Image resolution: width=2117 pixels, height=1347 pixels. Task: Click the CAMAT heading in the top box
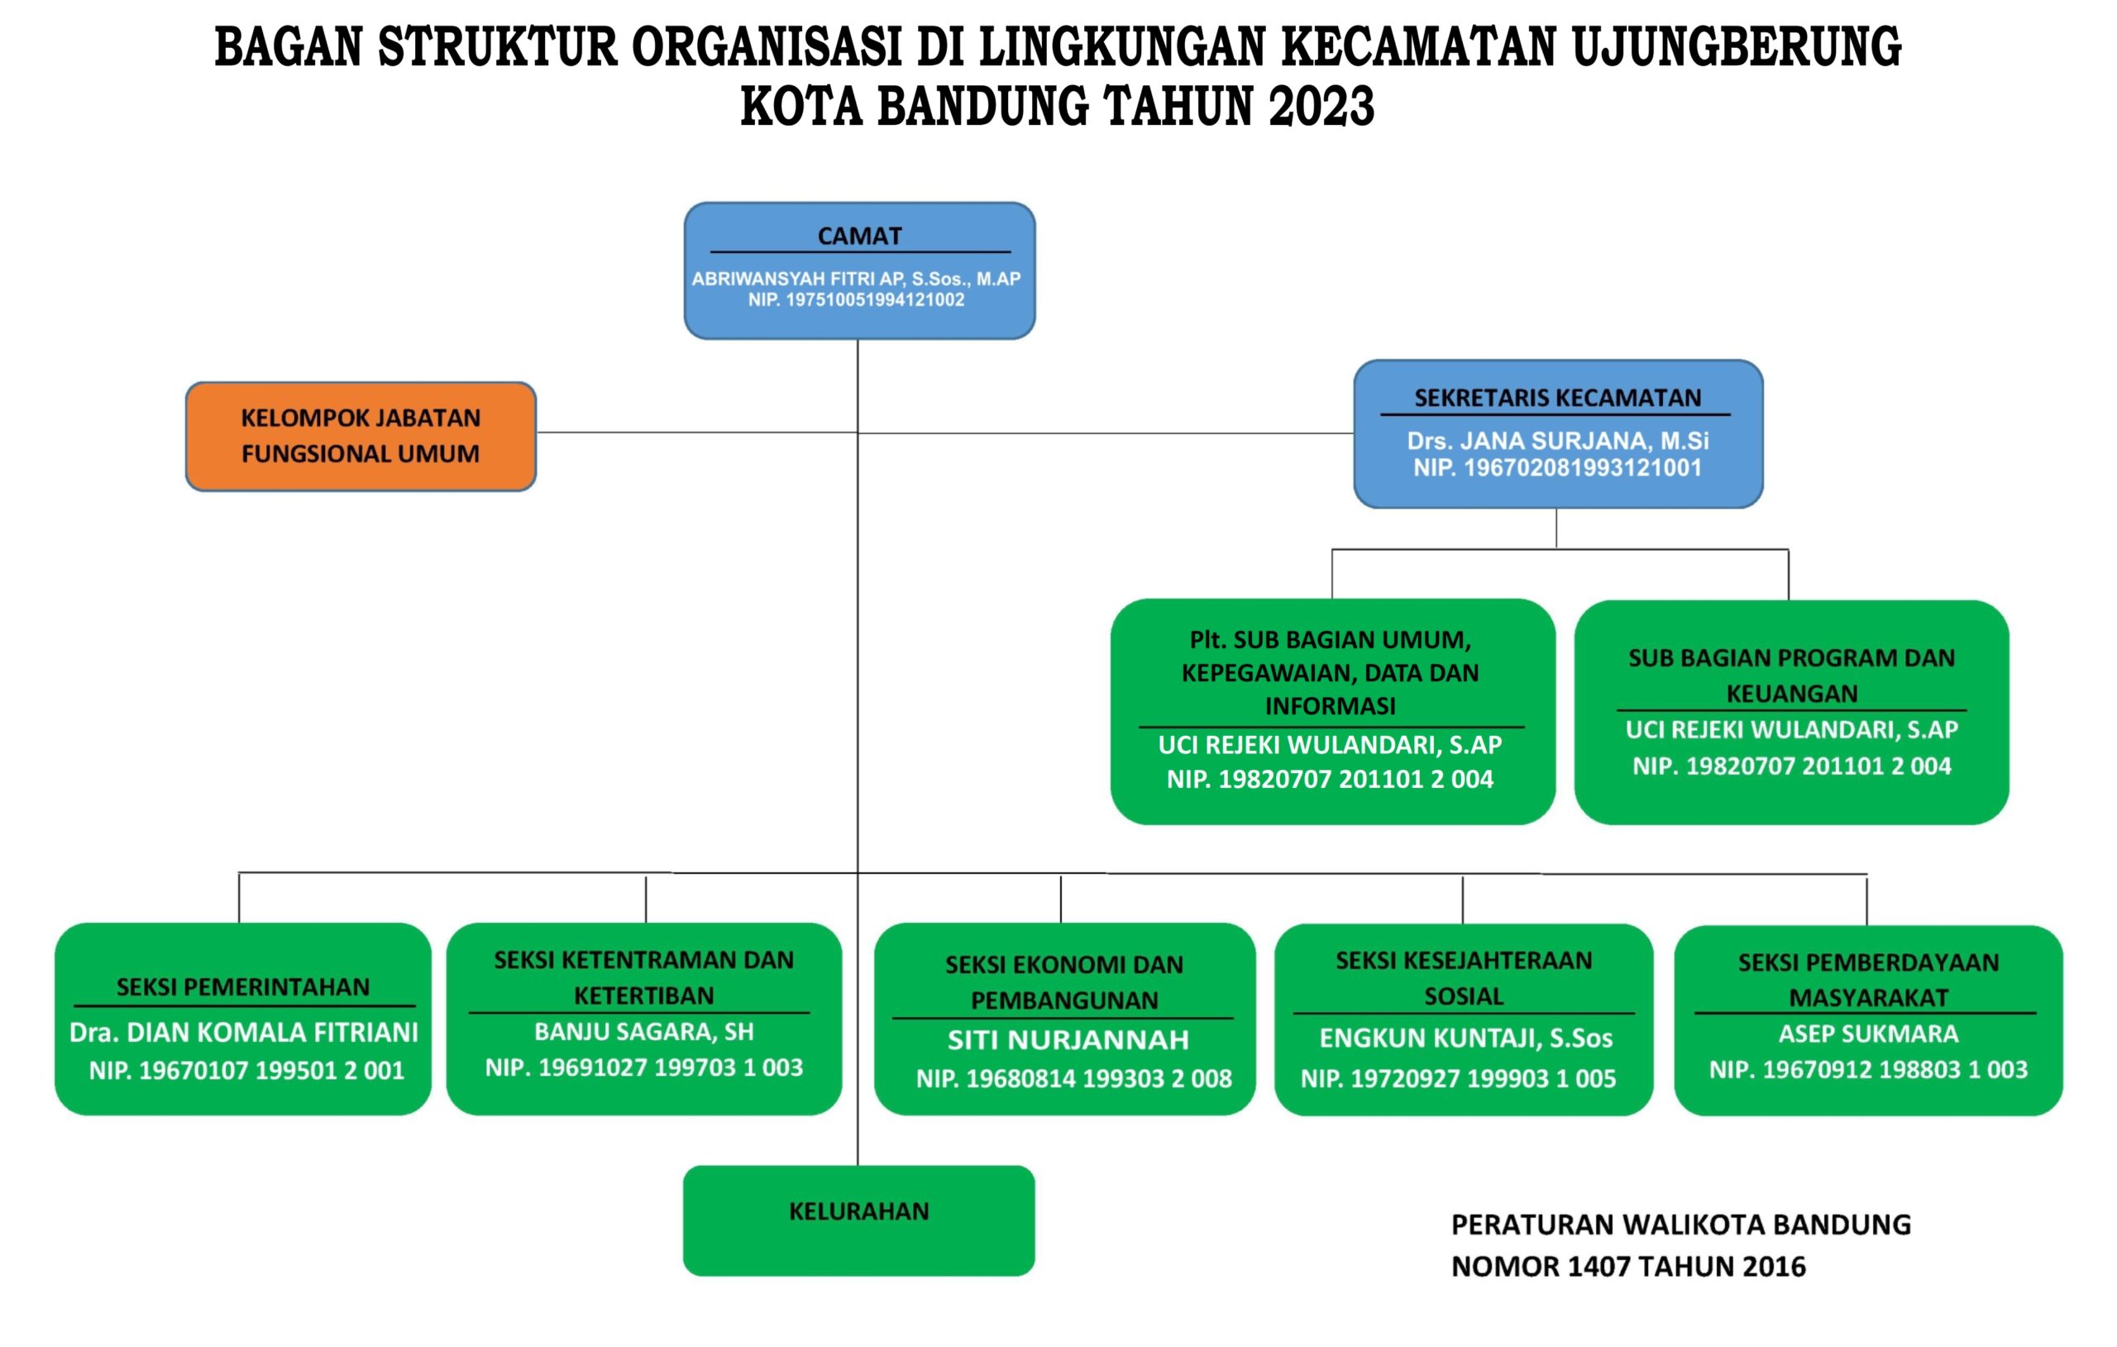859,236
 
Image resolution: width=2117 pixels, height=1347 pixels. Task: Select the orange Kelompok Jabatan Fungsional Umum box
361,436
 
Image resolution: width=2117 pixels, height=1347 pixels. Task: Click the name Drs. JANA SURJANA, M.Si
1557,441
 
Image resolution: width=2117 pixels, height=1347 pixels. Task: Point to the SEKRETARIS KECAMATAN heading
1557,398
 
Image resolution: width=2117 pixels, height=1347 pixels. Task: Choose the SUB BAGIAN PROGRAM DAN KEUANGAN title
1791,676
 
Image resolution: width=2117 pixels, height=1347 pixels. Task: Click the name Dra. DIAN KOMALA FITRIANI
243,1032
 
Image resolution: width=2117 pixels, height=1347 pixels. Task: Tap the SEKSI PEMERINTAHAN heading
243,986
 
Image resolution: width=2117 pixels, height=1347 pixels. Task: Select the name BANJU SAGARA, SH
643,1031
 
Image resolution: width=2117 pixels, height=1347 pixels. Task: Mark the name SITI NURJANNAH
1068,1040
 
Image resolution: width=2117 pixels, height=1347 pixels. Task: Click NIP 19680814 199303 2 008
1073,1079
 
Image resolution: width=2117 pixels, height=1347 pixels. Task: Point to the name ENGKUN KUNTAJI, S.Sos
1465,1039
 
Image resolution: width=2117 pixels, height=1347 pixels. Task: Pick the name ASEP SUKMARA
1868,1033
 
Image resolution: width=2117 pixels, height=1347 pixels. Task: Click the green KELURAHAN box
859,1220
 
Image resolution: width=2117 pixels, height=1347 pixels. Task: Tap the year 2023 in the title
1321,107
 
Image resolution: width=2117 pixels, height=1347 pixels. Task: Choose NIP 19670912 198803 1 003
1868,1070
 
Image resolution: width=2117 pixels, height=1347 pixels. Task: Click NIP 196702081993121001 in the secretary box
1557,468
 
